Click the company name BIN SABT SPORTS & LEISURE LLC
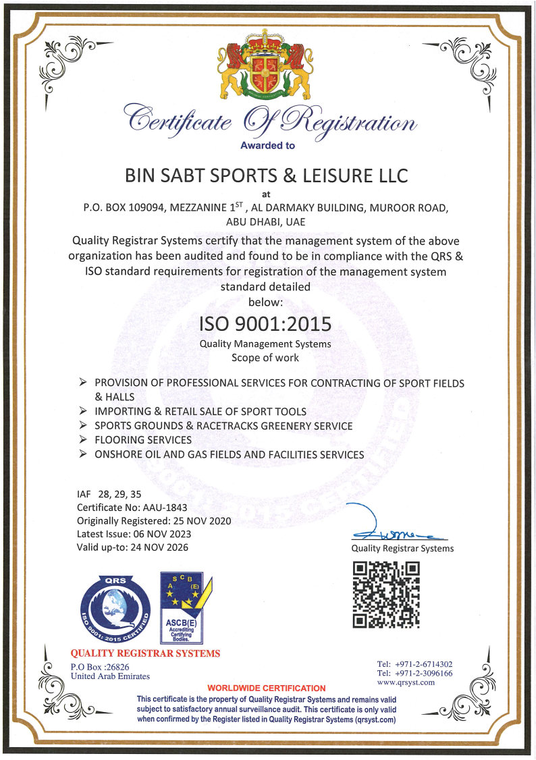pos(267,176)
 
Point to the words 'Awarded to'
pos(267,145)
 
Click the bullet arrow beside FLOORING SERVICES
pos(82,440)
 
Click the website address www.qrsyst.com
pos(406,682)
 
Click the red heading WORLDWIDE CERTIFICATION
pos(266,688)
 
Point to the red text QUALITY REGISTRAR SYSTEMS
pos(145,653)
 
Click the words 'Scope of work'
pos(265,358)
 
